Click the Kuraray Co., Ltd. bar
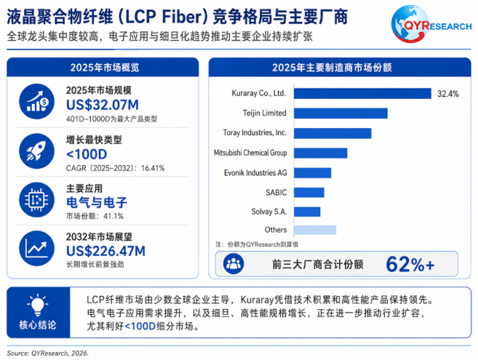[x=362, y=94]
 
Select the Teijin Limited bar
[x=340, y=113]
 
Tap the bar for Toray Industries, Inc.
[x=332, y=133]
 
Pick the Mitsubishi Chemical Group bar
[x=321, y=153]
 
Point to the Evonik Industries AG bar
[x=312, y=173]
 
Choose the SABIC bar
[x=309, y=193]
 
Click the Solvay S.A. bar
[x=307, y=212]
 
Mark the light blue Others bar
[x=315, y=230]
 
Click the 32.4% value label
[x=448, y=94]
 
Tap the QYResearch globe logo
[x=410, y=24]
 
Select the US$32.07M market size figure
[x=103, y=105]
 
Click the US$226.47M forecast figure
[x=105, y=251]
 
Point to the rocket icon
[x=36, y=151]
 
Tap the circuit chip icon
[x=36, y=200]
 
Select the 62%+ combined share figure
[x=410, y=264]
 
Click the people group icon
[x=234, y=264]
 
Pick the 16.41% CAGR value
[x=153, y=168]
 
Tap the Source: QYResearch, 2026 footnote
[x=47, y=353]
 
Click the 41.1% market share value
[x=113, y=217]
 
